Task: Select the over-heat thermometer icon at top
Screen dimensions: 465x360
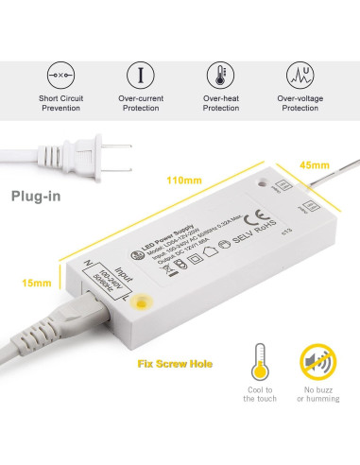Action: pos(221,74)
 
